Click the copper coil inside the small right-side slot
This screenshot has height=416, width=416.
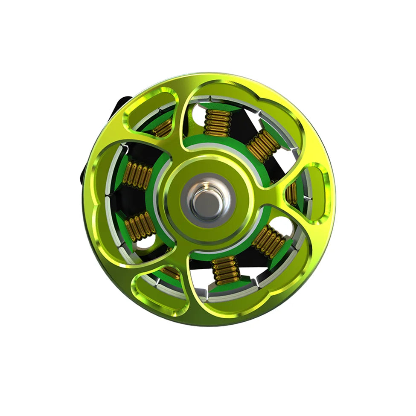[x=292, y=193]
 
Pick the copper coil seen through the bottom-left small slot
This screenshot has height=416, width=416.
[x=171, y=272]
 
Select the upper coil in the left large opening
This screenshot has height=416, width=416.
[x=137, y=175]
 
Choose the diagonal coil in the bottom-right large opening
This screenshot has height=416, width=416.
[x=269, y=241]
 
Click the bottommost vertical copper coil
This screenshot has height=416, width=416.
[x=226, y=270]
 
